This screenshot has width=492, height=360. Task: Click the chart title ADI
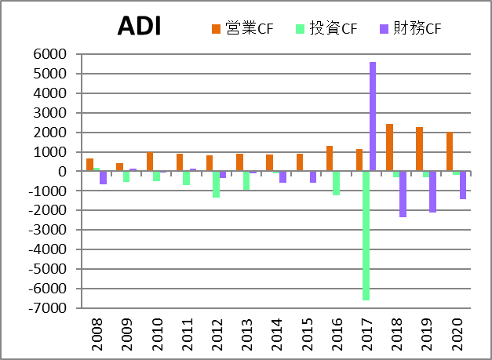click(139, 26)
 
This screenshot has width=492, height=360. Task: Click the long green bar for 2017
click(366, 235)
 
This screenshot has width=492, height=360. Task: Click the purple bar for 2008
click(104, 177)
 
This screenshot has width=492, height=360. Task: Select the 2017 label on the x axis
click(366, 336)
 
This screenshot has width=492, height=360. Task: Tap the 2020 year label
click(457, 336)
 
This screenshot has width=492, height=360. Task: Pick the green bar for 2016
click(336, 183)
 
